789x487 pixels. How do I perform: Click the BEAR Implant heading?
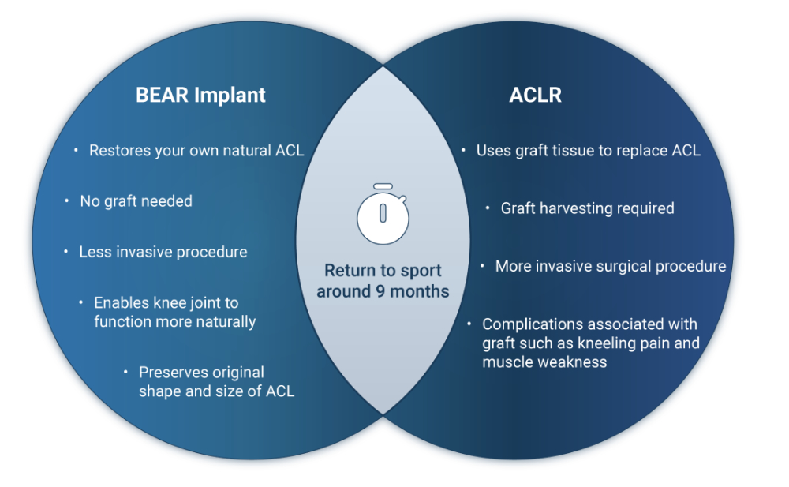tap(200, 96)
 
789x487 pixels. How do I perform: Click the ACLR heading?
tap(536, 96)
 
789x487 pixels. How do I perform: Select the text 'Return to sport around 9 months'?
tap(383, 281)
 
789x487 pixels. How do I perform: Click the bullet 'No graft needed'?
tap(136, 201)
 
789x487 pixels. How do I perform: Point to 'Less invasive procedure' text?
tap(163, 253)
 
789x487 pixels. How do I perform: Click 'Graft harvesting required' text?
tap(587, 208)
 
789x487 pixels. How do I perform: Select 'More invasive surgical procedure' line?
tap(610, 267)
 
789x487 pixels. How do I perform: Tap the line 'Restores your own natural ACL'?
tap(196, 151)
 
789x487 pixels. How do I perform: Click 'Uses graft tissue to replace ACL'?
tap(588, 151)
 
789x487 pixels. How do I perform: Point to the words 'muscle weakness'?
tap(544, 362)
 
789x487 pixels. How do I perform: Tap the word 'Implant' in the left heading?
tap(232, 96)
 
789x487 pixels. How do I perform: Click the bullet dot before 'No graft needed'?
tap(67, 201)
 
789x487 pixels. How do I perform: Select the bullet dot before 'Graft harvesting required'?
tap(488, 208)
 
